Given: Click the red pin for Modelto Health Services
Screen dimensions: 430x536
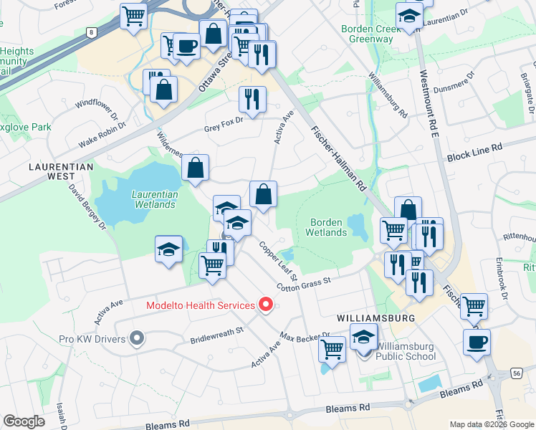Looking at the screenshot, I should click(267, 305).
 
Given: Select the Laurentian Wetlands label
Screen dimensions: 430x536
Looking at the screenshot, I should click(153, 199).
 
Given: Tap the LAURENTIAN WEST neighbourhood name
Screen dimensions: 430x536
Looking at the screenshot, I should click(61, 171).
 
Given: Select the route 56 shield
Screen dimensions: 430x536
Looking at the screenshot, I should click(517, 373).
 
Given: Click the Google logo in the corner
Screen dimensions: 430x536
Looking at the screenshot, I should click(24, 421).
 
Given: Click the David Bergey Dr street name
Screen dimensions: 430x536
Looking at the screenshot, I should click(87, 206).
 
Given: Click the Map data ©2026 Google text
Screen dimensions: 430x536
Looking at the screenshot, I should click(492, 424).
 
